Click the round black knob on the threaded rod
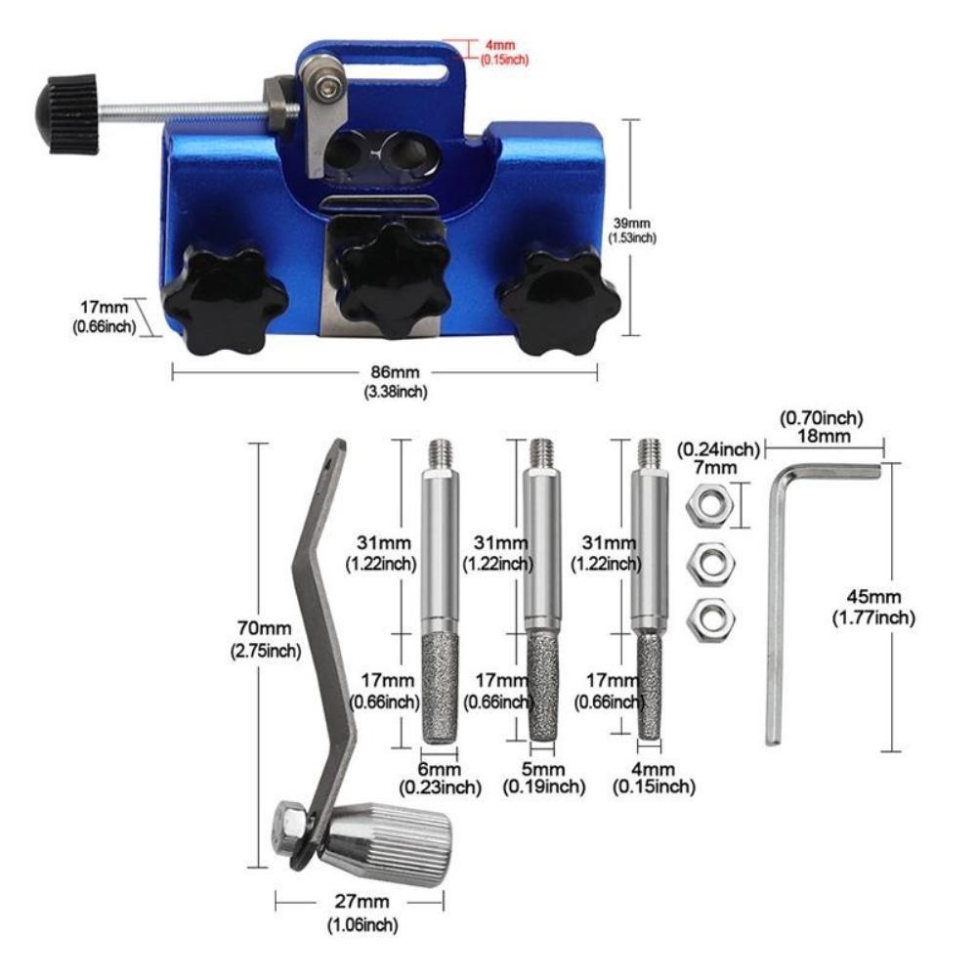(66, 113)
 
